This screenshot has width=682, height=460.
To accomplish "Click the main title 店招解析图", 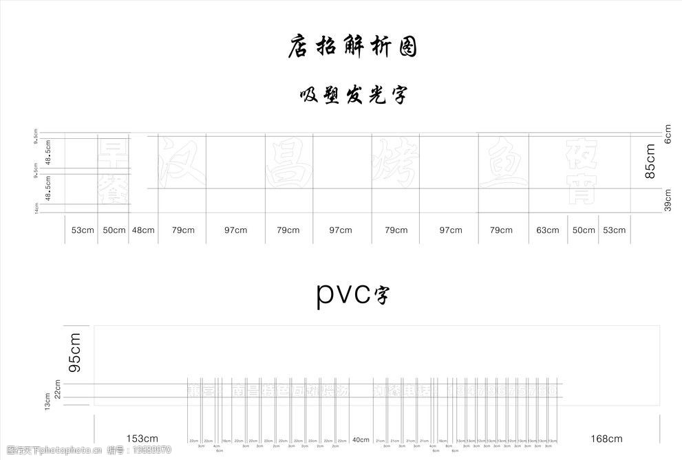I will pyautogui.click(x=352, y=47).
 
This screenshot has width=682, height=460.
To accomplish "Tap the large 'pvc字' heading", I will pyautogui.click(x=352, y=294).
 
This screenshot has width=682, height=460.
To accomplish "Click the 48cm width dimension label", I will pyautogui.click(x=143, y=230).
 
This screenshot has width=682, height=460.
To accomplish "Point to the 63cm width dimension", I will pyautogui.click(x=548, y=230).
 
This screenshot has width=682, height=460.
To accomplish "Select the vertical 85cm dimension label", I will pyautogui.click(x=650, y=161).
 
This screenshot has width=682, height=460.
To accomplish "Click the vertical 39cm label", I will pyautogui.click(x=667, y=201).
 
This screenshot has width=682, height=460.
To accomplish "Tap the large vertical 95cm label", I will pyautogui.click(x=75, y=353).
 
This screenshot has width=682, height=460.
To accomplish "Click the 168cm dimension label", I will pyautogui.click(x=606, y=439).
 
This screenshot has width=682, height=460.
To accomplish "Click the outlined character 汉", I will pyautogui.click(x=182, y=162).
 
